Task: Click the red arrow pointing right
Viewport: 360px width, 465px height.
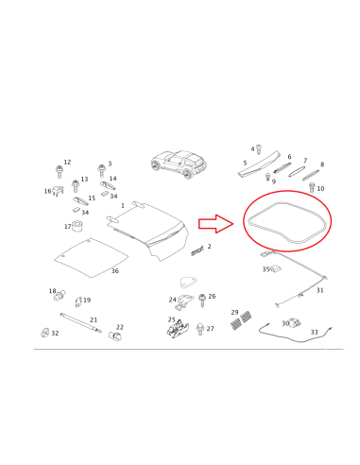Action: pyautogui.click(x=216, y=224)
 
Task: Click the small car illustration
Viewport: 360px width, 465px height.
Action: pyautogui.click(x=179, y=164)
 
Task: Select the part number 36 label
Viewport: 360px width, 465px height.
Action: pyautogui.click(x=115, y=271)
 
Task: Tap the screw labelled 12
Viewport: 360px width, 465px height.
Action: pyautogui.click(x=59, y=172)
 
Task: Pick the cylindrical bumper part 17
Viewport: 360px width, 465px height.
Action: pyautogui.click(x=77, y=226)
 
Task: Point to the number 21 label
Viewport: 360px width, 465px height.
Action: pyautogui.click(x=94, y=319)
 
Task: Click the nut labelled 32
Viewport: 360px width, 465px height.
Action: pyautogui.click(x=44, y=332)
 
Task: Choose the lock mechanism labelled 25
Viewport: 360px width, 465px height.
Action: pyautogui.click(x=178, y=329)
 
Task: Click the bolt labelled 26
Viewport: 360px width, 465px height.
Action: pyautogui.click(x=202, y=301)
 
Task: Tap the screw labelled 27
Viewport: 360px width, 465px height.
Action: pyautogui.click(x=199, y=329)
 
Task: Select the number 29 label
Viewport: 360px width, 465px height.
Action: pyautogui.click(x=234, y=312)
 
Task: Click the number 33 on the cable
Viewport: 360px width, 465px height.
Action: pyautogui.click(x=314, y=332)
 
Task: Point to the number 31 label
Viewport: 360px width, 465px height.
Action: pyautogui.click(x=319, y=290)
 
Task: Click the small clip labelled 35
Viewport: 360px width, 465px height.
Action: pyautogui.click(x=276, y=268)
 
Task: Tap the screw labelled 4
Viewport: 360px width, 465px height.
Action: pyautogui.click(x=259, y=149)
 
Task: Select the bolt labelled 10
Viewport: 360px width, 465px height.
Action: pyautogui.click(x=312, y=187)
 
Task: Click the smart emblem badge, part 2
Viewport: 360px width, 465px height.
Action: pyautogui.click(x=197, y=250)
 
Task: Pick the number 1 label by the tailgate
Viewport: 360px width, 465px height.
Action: pyautogui.click(x=123, y=206)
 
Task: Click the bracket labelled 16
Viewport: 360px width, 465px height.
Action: pyautogui.click(x=58, y=191)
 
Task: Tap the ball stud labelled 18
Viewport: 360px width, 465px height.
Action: pyautogui.click(x=60, y=296)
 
